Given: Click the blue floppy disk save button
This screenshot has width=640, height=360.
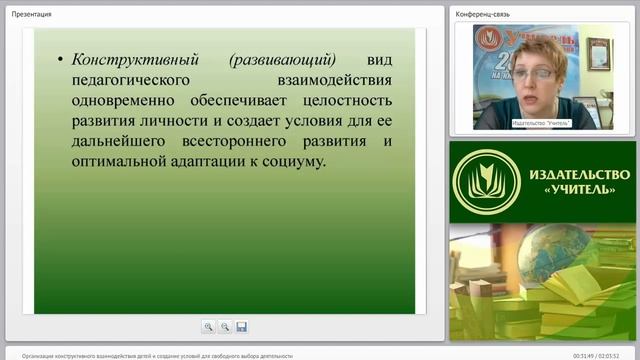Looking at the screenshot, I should tap(241, 326).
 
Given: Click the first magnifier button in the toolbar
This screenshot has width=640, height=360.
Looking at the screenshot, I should tap(208, 326).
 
